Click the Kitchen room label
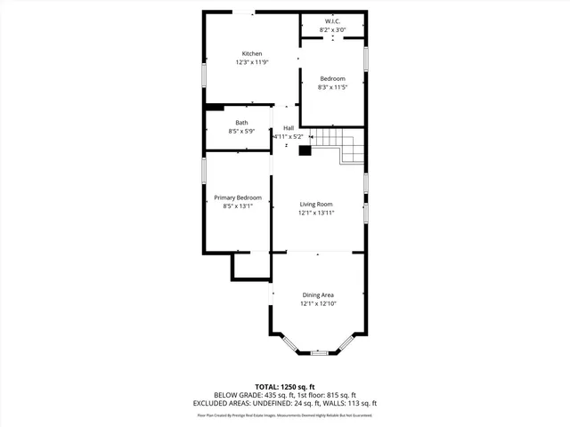point(252,53)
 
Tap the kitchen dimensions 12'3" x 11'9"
point(252,62)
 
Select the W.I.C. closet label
point(332,20)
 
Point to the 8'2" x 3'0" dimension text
point(332,29)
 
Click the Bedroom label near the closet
point(332,78)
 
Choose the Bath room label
point(241,122)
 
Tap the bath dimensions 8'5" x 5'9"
point(241,131)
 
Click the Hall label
point(289,128)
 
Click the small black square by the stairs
point(305,150)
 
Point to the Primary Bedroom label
point(238,197)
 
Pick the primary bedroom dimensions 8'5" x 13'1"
point(238,205)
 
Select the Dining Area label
point(318,294)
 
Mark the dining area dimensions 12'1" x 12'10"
point(318,303)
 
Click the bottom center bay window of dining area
point(319,353)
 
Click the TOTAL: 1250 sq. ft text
point(285,386)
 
